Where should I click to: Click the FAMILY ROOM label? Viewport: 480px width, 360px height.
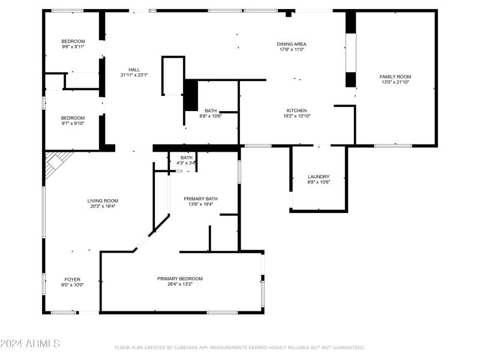click(395, 77)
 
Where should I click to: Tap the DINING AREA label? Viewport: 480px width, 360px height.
click(292, 44)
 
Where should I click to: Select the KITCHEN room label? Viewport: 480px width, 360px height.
click(296, 110)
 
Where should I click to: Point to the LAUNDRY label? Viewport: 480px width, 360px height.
click(318, 177)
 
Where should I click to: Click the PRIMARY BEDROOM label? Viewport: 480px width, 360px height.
click(180, 278)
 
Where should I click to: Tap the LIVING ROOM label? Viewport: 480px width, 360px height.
click(103, 201)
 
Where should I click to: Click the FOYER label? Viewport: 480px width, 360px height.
click(73, 280)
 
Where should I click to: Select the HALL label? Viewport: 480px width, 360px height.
click(134, 69)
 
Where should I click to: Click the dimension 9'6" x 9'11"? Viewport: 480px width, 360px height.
click(73, 47)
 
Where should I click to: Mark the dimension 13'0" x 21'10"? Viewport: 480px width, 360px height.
click(395, 82)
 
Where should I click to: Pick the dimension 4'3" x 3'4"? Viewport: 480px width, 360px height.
click(187, 163)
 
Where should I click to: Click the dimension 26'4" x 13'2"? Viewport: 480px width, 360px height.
click(180, 284)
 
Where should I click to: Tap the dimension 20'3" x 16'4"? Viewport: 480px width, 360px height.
click(103, 206)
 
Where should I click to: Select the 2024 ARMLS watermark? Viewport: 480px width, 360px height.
click(30, 344)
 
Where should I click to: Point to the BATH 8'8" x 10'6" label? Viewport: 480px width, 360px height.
click(211, 113)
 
